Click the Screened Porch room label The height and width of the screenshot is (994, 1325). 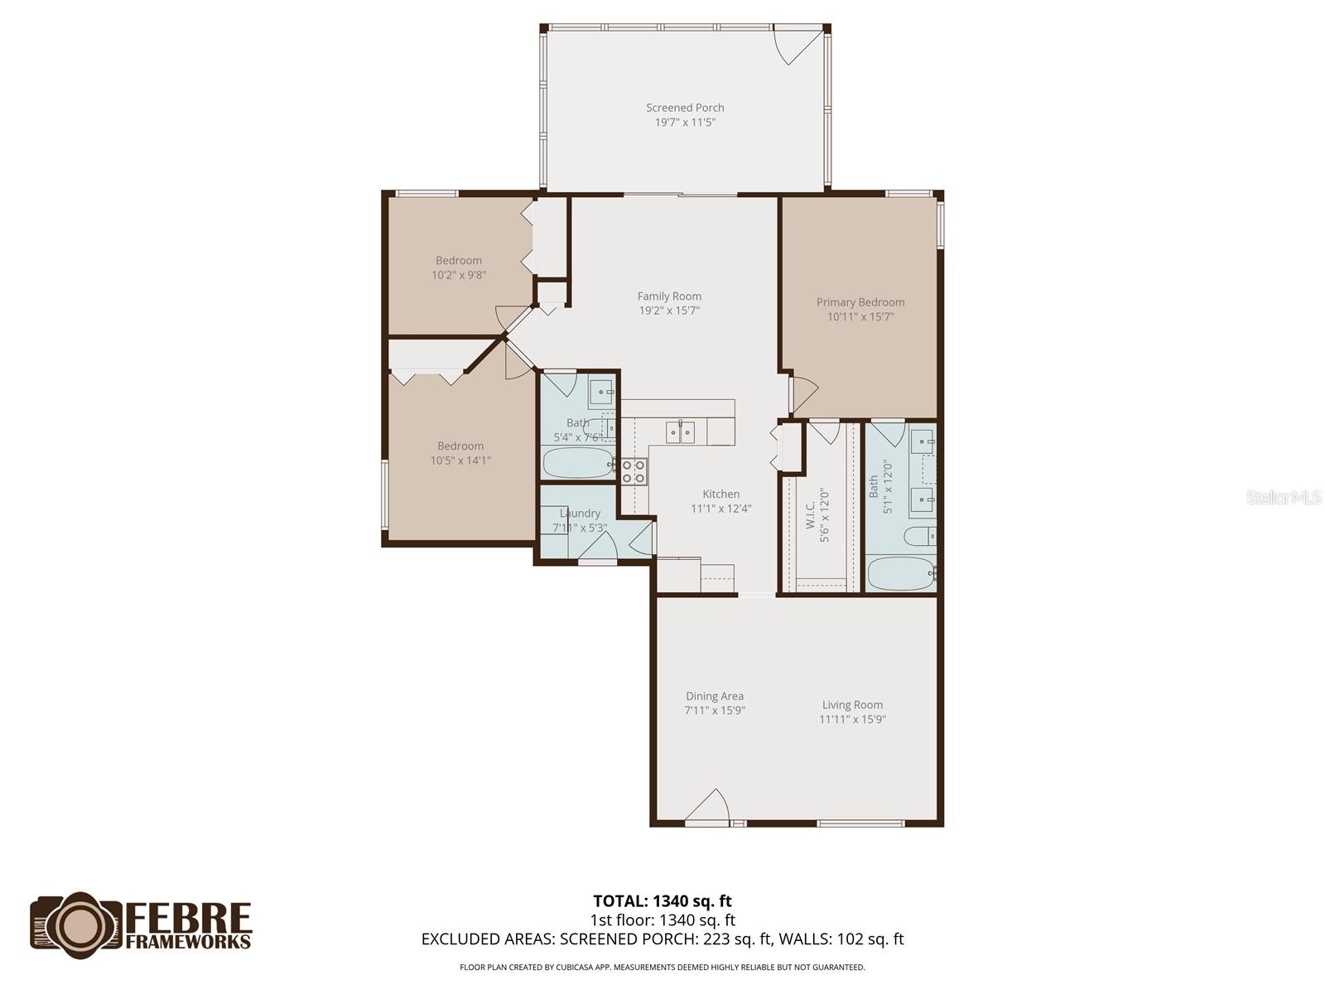(685, 108)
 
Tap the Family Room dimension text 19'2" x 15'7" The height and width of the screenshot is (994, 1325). (669, 311)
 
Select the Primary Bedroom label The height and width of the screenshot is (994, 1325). (860, 302)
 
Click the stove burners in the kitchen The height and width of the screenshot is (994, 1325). (634, 471)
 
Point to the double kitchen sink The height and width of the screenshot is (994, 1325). (681, 432)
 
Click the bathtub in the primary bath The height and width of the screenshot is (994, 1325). (901, 573)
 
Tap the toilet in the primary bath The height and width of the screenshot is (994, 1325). (920, 536)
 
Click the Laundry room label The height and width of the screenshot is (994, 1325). (580, 514)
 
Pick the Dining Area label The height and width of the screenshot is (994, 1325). (715, 697)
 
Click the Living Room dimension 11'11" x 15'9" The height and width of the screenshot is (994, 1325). (852, 719)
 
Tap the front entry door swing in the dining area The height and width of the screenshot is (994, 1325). (709, 807)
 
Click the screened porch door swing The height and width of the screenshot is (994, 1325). (794, 46)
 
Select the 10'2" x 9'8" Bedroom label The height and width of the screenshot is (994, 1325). (459, 260)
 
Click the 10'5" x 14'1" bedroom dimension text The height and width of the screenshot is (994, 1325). (460, 461)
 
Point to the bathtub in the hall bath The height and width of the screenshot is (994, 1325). (577, 464)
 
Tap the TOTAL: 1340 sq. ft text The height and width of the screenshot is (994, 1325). (662, 900)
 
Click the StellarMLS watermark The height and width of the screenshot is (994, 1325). (1284, 497)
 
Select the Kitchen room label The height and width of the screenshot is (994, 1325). (721, 494)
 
